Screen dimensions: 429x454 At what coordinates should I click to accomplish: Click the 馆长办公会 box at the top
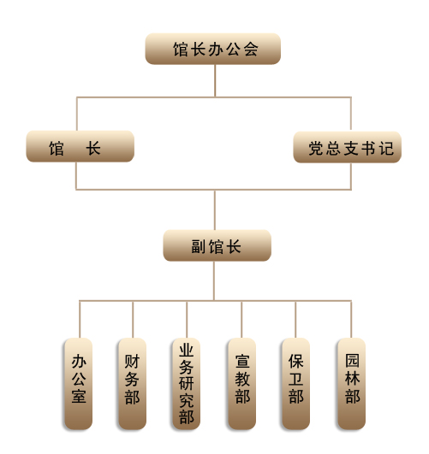(x=213, y=49)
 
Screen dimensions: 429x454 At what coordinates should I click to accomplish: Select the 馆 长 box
(x=80, y=146)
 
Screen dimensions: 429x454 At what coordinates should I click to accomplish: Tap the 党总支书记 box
(x=347, y=147)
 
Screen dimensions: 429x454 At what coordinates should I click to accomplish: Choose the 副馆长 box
(x=217, y=245)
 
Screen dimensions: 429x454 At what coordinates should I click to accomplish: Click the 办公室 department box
(x=78, y=384)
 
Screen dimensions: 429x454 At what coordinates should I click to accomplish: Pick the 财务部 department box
(x=132, y=384)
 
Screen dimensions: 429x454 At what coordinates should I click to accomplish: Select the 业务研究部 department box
(x=186, y=384)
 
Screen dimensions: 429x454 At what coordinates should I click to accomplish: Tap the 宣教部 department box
(x=242, y=384)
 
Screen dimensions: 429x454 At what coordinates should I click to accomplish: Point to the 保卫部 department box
(x=296, y=384)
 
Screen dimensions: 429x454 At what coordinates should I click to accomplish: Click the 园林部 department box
(x=352, y=384)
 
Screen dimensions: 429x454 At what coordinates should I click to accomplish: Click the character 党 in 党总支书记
(x=316, y=148)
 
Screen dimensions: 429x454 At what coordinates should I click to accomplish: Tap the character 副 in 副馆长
(x=199, y=247)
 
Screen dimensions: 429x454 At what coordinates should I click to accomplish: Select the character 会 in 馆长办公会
(x=251, y=49)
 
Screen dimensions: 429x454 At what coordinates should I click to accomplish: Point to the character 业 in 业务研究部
(x=186, y=351)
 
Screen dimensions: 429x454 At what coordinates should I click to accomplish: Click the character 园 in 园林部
(x=352, y=361)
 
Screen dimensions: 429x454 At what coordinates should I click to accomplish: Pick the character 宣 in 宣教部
(x=242, y=361)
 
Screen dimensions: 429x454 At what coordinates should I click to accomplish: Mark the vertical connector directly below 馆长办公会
(x=215, y=80)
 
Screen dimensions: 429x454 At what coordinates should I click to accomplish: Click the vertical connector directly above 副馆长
(x=215, y=210)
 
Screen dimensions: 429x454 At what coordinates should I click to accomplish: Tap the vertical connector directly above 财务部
(x=133, y=320)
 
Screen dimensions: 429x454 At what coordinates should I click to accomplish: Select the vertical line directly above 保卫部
(x=295, y=320)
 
